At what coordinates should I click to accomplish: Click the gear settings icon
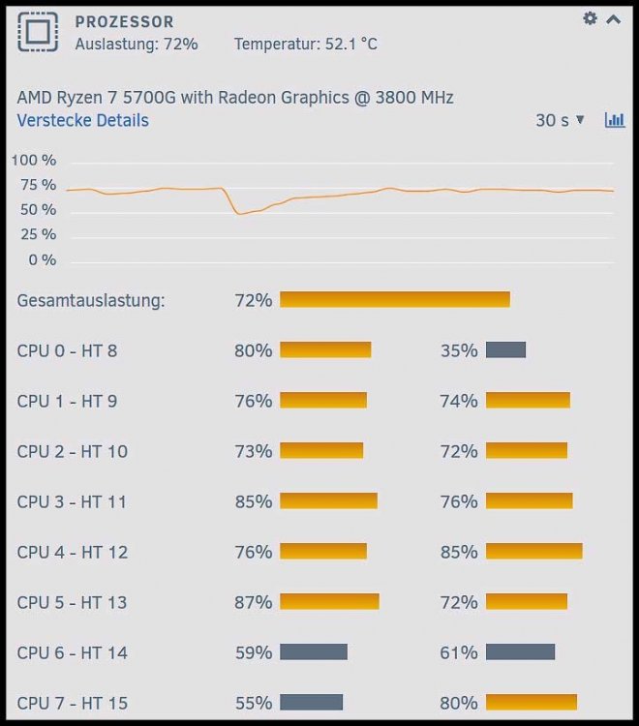[x=590, y=18]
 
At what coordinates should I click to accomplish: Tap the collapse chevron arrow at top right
[x=614, y=19]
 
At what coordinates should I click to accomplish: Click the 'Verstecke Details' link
[x=83, y=120]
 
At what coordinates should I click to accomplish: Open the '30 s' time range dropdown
[x=560, y=120]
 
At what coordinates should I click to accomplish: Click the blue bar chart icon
[x=615, y=120]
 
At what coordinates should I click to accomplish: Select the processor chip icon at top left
[x=38, y=32]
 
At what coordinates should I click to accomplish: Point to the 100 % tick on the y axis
[x=34, y=160]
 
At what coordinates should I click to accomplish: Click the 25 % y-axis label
[x=38, y=234]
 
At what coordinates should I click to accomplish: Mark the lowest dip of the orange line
[x=239, y=214]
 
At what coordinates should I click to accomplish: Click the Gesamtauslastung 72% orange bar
[x=395, y=299]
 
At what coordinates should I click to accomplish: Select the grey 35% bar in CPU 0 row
[x=505, y=350]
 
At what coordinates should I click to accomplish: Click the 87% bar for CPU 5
[x=330, y=602]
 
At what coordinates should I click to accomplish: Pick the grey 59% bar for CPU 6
[x=314, y=651]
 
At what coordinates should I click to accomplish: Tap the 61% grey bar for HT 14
[x=521, y=651]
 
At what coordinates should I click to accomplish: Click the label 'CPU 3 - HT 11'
[x=72, y=501]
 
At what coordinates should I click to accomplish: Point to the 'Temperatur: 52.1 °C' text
[x=306, y=44]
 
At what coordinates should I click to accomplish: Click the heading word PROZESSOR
[x=125, y=21]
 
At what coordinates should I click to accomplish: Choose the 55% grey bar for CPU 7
[x=311, y=702]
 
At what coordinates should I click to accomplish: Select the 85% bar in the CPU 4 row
[x=534, y=552]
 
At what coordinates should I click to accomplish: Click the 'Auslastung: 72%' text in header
[x=137, y=44]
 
